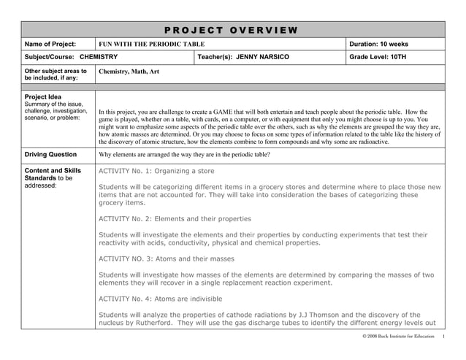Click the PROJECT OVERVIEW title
pyautogui.click(x=231, y=30)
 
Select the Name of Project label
pyautogui.click(x=51, y=45)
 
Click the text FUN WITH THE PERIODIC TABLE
pyautogui.click(x=152, y=45)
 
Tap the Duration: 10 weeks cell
pyautogui.click(x=379, y=45)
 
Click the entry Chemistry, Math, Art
pyautogui.click(x=128, y=72)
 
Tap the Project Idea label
pyautogui.click(x=43, y=96)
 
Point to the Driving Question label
pyautogui.click(x=50, y=155)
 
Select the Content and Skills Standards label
pyautogui.click(x=53, y=175)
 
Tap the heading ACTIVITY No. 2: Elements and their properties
pyautogui.click(x=175, y=218)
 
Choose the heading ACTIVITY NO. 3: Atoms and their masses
pyautogui.click(x=167, y=258)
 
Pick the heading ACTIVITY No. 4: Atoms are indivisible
pyautogui.click(x=161, y=299)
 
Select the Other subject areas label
pyautogui.click(x=55, y=74)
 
